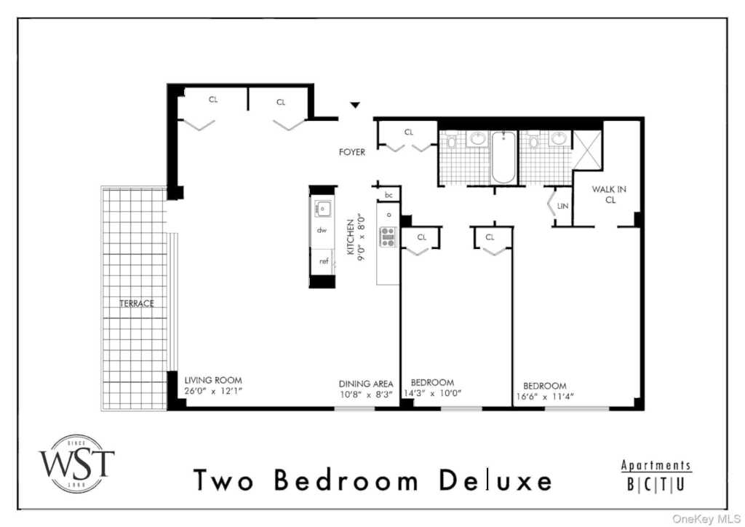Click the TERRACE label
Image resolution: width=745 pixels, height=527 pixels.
pos(137,304)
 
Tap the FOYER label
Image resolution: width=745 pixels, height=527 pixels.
pos(352,152)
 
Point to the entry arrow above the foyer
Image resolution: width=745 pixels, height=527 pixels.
pos(355,105)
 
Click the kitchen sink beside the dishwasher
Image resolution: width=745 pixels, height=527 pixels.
pos(322,209)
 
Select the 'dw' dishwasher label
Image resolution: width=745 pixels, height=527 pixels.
pos(322,231)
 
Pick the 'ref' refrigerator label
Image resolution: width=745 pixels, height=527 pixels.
pos(324,261)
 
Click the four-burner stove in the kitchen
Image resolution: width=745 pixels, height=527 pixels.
pos(388,237)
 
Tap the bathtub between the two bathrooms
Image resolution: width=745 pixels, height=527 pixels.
pos(503,156)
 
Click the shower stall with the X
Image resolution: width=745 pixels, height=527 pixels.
pos(587,150)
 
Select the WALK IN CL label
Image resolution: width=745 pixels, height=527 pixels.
pos(609,194)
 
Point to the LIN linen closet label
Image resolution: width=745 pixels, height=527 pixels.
pos(562,206)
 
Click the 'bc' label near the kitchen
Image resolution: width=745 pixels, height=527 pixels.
pos(389,195)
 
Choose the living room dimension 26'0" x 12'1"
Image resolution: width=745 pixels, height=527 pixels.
pos(213,392)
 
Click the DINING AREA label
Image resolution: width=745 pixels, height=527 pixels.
pos(366,384)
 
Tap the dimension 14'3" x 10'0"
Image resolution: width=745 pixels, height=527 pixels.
pos(433,394)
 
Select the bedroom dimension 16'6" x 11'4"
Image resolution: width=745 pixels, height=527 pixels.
pos(545,397)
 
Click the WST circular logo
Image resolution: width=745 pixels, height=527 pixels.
pos(76,464)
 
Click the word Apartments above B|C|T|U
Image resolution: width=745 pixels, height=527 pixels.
pos(656,465)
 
